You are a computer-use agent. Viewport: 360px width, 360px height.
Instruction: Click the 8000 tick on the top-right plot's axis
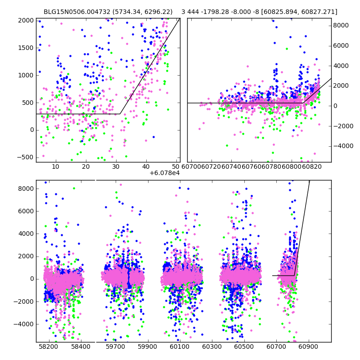[342, 26]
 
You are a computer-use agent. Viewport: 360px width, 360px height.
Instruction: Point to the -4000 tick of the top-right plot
[343, 146]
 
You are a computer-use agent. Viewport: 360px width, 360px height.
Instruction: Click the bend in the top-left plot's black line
[120, 114]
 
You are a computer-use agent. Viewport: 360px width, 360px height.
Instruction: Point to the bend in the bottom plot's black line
[294, 275]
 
